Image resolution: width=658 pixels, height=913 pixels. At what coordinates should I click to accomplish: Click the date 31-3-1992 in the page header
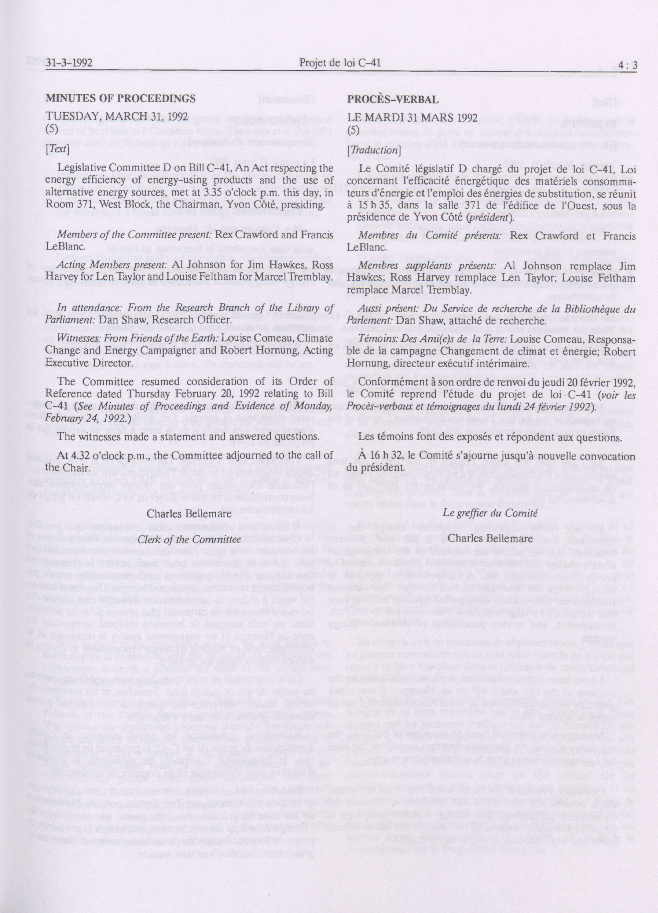(69, 63)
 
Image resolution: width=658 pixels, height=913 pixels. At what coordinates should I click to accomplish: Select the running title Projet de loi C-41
(340, 63)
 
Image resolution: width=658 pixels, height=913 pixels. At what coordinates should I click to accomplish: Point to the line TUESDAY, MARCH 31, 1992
(117, 117)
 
